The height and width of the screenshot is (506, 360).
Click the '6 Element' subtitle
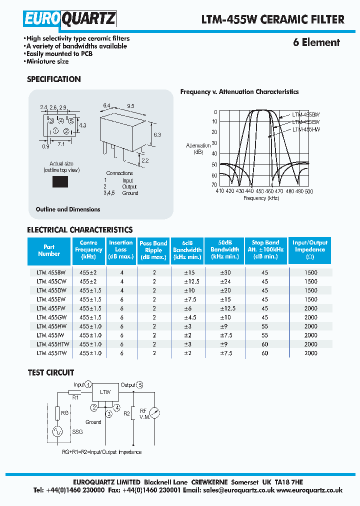pyautogui.click(x=316, y=42)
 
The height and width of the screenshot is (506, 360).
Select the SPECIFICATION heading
pyautogui.click(x=53, y=79)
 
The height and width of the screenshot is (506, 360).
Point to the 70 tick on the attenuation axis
pyautogui.click(x=214, y=184)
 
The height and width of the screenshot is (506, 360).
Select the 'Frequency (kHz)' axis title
pyautogui.click(x=261, y=198)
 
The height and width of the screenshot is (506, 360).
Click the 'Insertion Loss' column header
pyautogui.click(x=121, y=249)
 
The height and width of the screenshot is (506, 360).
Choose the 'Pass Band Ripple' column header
pyautogui.click(x=153, y=249)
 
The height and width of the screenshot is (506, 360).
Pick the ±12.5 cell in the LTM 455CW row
pyautogui.click(x=186, y=281)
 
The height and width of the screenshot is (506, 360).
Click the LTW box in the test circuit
pyautogui.click(x=105, y=392)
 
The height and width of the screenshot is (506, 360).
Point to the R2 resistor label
pyautogui.click(x=126, y=413)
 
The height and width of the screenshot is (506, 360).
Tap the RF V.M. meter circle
pyautogui.click(x=155, y=413)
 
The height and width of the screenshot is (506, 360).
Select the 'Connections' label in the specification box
pyautogui.click(x=119, y=173)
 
